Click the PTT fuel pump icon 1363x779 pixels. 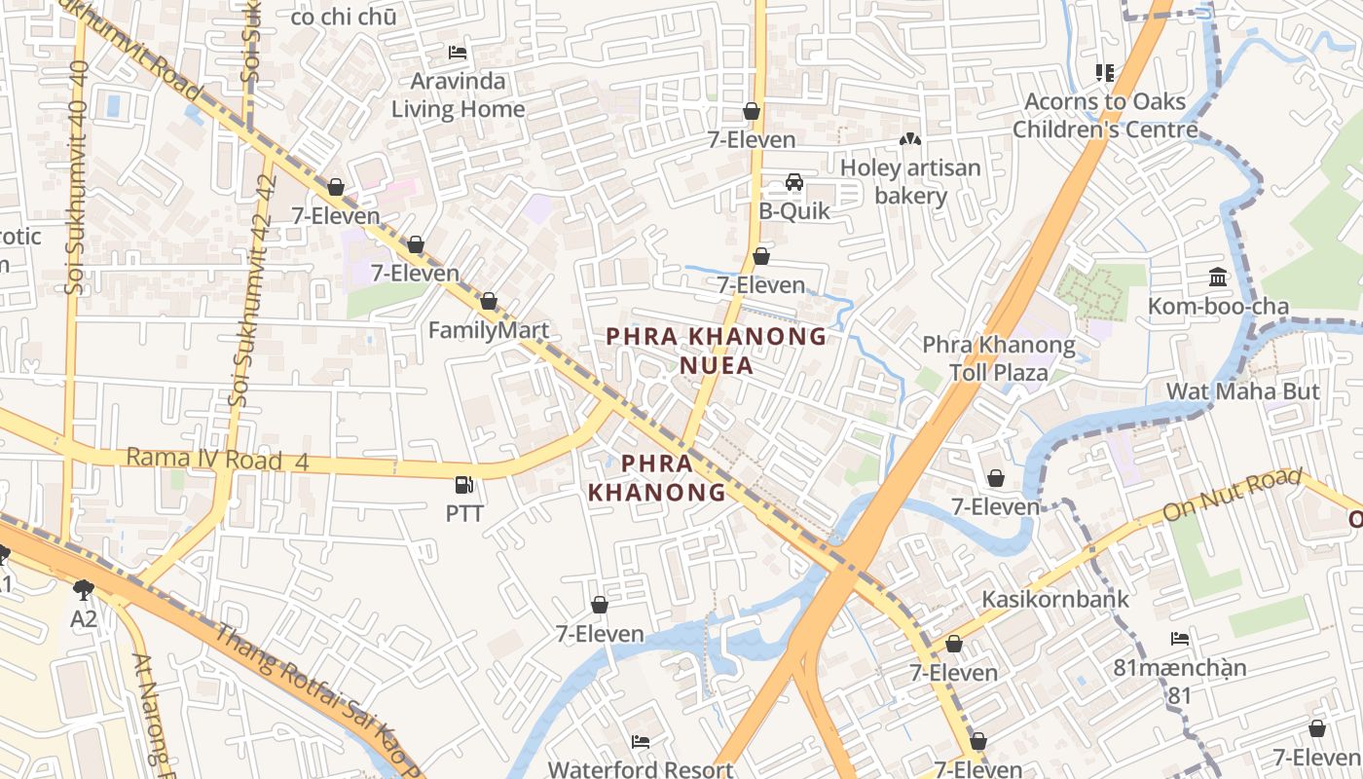click(464, 484)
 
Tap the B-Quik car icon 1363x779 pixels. click(794, 182)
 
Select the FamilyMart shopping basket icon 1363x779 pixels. click(489, 302)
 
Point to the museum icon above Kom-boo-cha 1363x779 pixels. click(1218, 278)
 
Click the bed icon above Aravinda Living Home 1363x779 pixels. click(458, 52)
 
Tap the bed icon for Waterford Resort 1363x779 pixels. click(640, 742)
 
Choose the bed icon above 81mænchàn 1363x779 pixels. click(1180, 640)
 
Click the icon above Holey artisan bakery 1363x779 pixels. click(910, 140)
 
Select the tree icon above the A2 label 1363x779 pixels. click(84, 589)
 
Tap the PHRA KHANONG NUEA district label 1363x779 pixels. click(717, 351)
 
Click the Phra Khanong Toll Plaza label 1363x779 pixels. click(999, 358)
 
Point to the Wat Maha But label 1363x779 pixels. click(1243, 391)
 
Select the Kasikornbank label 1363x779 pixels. click(1055, 599)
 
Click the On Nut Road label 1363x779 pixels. click(1232, 495)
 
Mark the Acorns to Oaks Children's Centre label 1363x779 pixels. click(1105, 115)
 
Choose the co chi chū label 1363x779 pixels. click(343, 17)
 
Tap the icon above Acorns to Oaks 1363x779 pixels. click(1104, 72)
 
